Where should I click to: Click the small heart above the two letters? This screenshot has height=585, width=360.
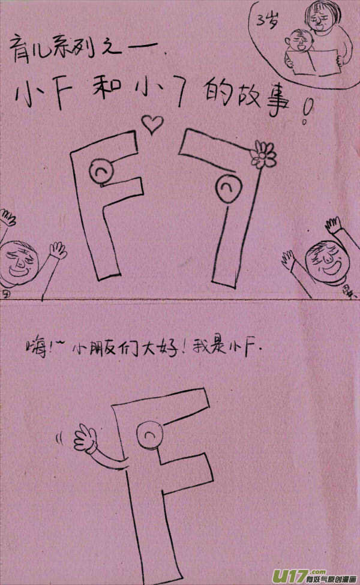coord(152,124)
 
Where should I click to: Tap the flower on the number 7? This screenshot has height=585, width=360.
coord(263,154)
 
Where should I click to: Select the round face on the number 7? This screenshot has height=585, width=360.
coord(227,187)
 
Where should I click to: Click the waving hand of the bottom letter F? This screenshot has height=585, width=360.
coord(84,438)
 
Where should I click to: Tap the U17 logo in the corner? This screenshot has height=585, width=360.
coord(290,573)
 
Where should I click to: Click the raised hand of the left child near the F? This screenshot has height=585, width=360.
coord(58,248)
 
